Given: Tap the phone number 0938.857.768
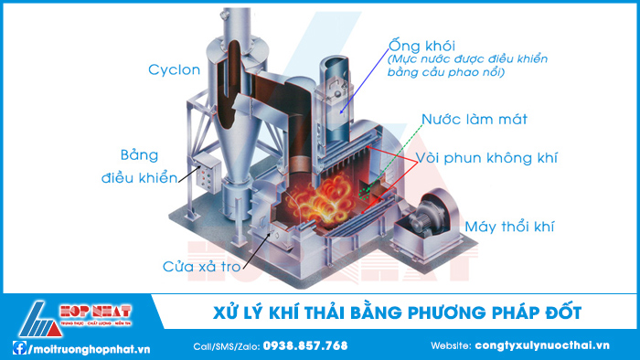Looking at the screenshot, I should (x=305, y=345).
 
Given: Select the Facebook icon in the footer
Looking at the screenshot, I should (x=18, y=347).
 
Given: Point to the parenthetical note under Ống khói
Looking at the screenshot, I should (x=468, y=66).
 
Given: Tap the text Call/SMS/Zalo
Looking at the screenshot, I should (x=226, y=345).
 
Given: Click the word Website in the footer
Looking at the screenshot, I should (x=450, y=345).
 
